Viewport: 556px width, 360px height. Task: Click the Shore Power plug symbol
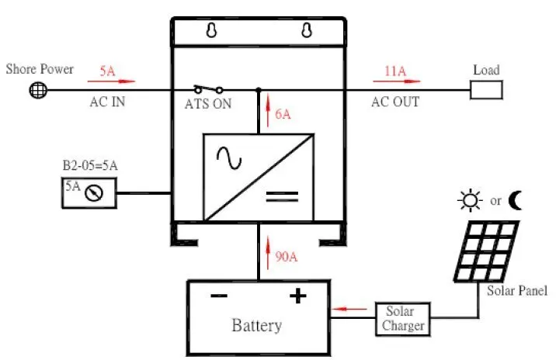tap(38, 90)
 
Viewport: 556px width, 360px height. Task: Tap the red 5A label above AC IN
tap(107, 71)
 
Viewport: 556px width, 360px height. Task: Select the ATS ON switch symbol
tap(208, 89)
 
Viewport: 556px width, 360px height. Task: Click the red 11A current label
tap(395, 71)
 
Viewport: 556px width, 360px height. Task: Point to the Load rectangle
tap(486, 90)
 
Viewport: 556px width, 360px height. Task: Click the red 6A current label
tap(283, 114)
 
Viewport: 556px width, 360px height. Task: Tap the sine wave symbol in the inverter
tap(229, 158)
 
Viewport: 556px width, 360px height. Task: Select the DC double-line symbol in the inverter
tap(282, 196)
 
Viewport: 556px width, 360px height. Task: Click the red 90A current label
tap(287, 257)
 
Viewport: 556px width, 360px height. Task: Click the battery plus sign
tap(298, 296)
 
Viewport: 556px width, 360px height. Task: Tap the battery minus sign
tap(219, 296)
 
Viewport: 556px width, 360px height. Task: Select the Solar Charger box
tap(403, 319)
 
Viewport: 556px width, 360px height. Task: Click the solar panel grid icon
tap(486, 251)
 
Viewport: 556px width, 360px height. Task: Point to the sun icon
tap(470, 200)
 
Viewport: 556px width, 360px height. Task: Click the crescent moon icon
tap(515, 200)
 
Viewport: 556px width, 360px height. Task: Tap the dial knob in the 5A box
tap(94, 193)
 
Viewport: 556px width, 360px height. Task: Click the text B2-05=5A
tap(90, 165)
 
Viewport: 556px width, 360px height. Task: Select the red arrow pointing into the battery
tap(349, 309)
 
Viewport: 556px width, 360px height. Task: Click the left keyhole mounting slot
tap(211, 30)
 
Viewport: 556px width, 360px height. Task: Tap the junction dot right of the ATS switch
tap(259, 90)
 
